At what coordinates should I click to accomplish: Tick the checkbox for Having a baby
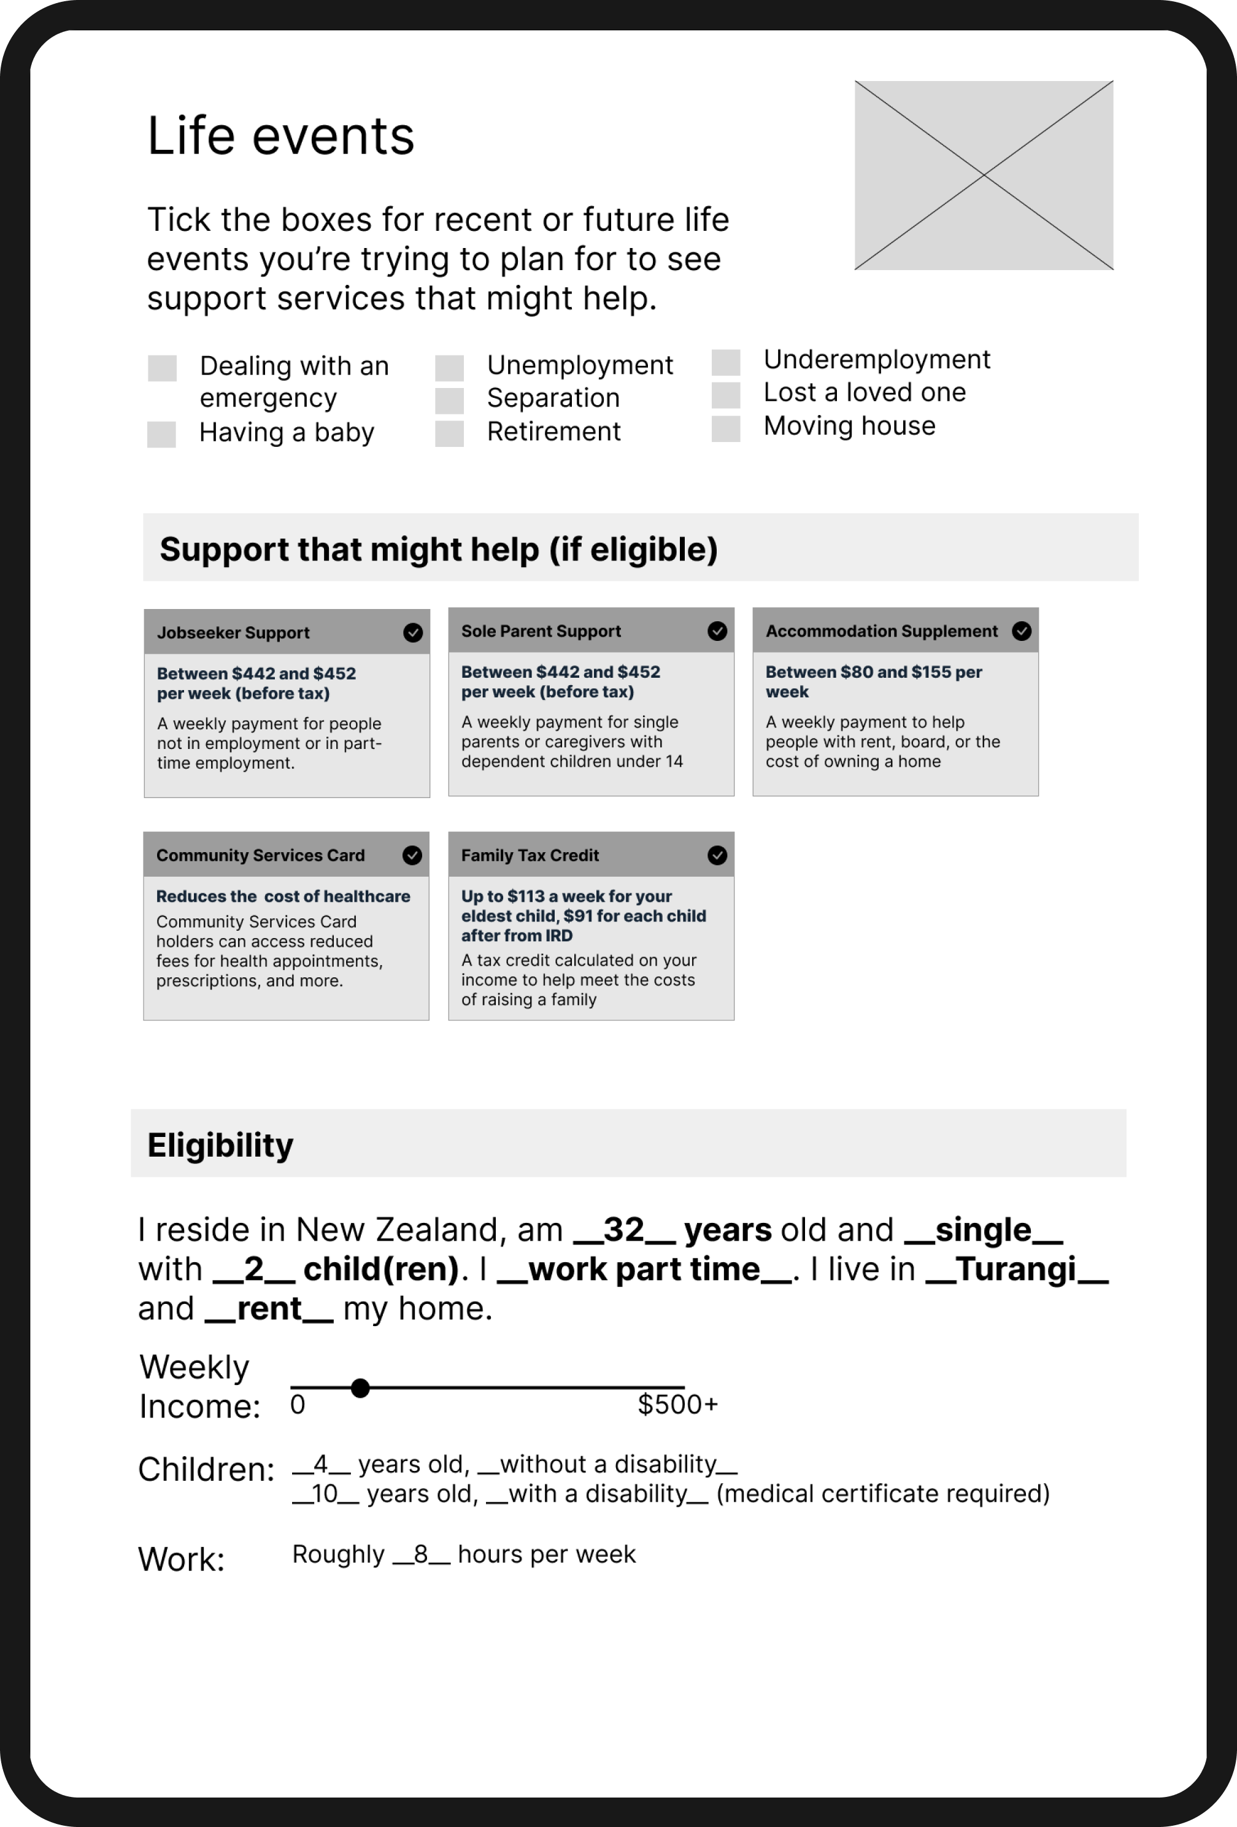161,435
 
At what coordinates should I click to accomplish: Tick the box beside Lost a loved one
726,395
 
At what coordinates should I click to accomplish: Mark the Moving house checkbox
726,429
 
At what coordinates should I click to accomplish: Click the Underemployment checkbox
726,362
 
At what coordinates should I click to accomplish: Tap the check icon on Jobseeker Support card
412,633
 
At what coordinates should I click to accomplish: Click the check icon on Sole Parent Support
717,631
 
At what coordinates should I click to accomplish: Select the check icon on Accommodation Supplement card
1021,631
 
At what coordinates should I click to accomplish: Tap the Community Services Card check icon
412,855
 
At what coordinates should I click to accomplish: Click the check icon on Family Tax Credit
717,855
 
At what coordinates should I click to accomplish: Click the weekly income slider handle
360,1388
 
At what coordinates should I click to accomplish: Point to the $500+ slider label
677,1405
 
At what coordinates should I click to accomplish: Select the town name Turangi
1016,1270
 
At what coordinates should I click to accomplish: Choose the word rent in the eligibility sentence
269,1309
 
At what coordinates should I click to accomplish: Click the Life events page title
280,136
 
